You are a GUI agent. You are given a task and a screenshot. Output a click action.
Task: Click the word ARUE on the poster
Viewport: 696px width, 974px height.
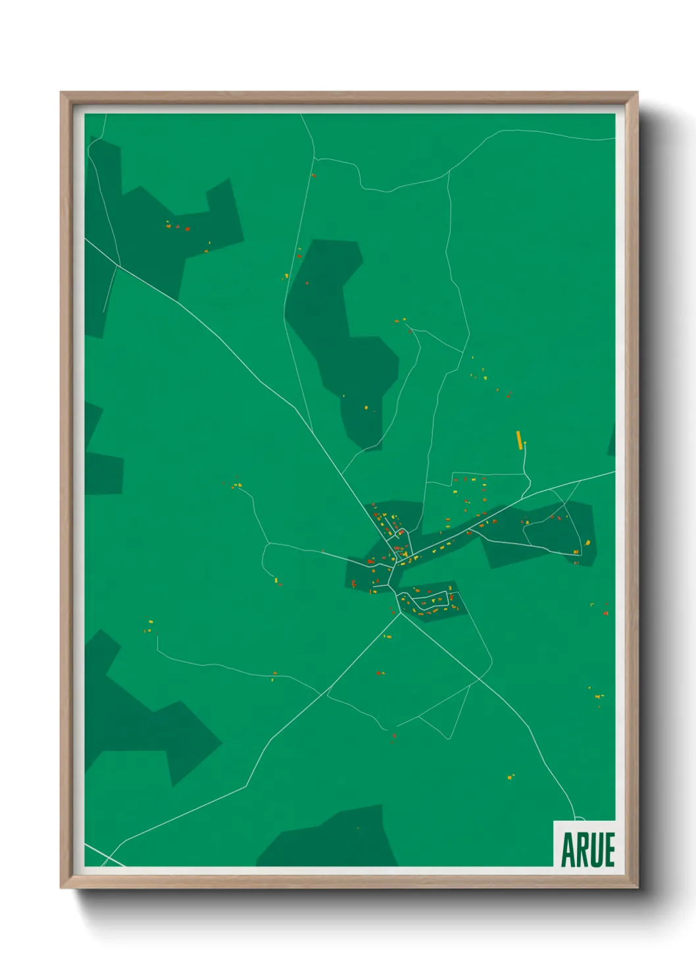(587, 850)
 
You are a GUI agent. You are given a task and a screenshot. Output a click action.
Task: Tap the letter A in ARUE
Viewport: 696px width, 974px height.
(567, 850)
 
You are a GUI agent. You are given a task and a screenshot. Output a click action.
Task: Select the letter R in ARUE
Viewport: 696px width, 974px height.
(581, 850)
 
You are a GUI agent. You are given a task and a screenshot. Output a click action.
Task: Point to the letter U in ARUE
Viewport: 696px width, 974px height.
(595, 850)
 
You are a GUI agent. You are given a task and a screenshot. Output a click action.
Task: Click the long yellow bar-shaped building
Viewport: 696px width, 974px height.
(519, 440)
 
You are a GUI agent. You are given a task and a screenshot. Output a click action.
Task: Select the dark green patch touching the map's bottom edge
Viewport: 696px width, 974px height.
(329, 842)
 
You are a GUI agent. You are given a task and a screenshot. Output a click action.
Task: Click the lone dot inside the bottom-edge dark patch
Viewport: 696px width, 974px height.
(358, 828)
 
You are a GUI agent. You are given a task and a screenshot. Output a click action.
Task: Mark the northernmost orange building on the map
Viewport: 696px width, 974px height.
(313, 176)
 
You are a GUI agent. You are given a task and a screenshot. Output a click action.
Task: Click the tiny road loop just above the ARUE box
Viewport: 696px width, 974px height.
(579, 818)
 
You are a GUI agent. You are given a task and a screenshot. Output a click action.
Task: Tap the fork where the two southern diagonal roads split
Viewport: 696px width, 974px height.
(400, 614)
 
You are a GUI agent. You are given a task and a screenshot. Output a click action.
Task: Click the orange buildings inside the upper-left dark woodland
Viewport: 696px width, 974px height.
(178, 228)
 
